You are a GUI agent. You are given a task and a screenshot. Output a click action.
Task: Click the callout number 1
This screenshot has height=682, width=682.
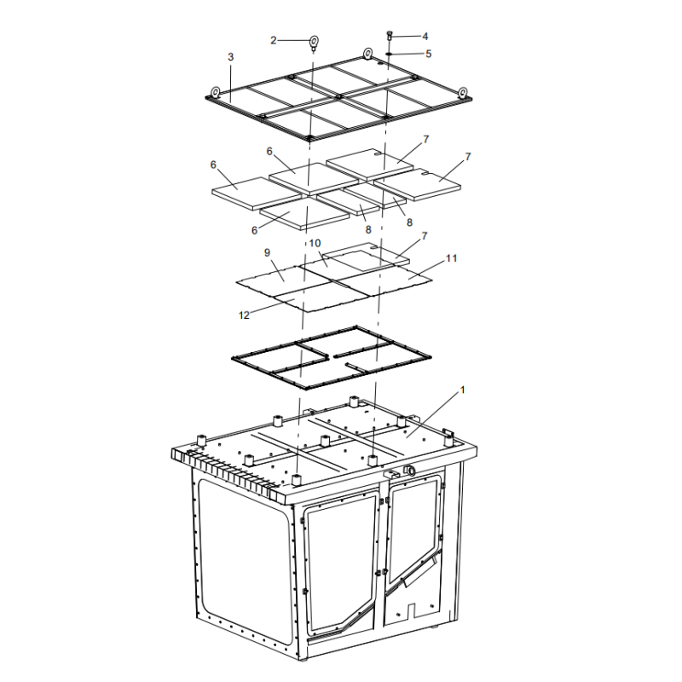[x=462, y=390]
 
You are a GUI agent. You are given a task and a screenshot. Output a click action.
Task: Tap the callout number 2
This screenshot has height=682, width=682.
[x=273, y=40]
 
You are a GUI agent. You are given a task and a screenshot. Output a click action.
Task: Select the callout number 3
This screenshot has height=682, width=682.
[x=230, y=57]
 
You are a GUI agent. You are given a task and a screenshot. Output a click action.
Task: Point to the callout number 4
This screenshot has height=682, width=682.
[x=425, y=36]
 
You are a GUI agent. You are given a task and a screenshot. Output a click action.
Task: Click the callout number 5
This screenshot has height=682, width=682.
[x=428, y=54]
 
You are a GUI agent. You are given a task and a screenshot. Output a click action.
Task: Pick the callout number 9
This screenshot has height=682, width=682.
[x=267, y=252]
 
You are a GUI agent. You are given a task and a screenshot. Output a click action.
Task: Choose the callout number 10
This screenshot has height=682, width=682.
[x=315, y=243]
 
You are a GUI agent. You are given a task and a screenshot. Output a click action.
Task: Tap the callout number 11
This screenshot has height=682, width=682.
[x=452, y=258]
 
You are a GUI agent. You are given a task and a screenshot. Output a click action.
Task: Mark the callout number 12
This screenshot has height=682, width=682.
[x=244, y=315]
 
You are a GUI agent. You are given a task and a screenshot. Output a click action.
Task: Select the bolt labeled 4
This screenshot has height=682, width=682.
[x=390, y=36]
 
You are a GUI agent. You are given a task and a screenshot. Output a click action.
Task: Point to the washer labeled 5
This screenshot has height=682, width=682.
[x=389, y=54]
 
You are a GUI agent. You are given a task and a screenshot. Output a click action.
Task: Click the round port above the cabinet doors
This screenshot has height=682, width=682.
[x=409, y=471]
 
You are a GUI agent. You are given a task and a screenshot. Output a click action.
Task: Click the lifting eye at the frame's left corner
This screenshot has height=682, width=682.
[x=216, y=92]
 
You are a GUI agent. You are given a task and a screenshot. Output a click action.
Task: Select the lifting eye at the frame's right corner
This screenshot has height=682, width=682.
[x=463, y=93]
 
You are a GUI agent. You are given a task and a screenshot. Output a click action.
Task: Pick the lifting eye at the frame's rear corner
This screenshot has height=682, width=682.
[x=368, y=54]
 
